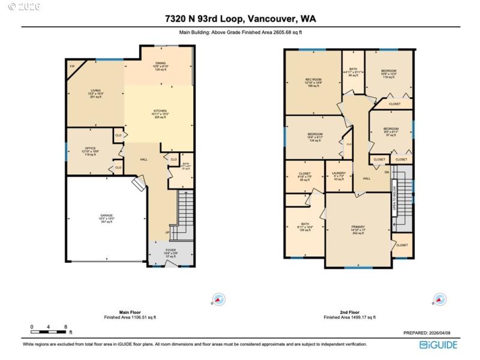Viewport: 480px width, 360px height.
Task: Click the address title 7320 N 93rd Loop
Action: [239, 19]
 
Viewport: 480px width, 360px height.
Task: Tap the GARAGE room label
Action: [106, 217]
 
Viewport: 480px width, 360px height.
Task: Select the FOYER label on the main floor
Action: [171, 251]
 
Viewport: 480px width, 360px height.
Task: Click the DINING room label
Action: [161, 64]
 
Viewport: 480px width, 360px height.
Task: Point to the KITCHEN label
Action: [160, 113]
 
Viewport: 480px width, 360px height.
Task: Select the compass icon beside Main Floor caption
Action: [219, 298]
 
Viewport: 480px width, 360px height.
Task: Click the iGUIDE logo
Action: [439, 344]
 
